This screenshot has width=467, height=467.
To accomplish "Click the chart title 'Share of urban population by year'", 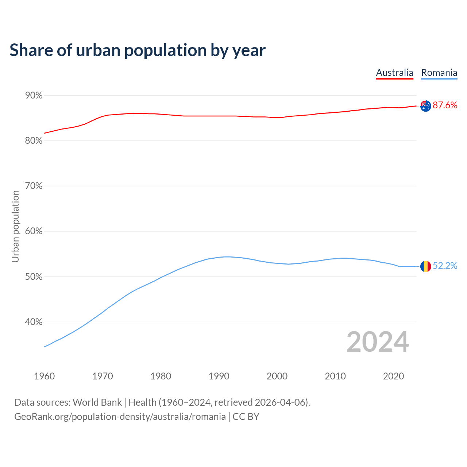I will tap(138, 50).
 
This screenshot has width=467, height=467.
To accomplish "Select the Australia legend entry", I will tap(394, 73).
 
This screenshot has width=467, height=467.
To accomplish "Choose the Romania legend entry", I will tap(439, 73).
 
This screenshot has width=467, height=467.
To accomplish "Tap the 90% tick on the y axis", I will tap(34, 96).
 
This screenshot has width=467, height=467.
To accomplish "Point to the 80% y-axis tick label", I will tap(34, 141).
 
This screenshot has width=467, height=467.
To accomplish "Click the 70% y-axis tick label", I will tap(34, 186).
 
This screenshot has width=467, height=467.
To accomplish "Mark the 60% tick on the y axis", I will tap(34, 231).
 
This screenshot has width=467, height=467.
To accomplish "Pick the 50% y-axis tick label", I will tap(34, 277).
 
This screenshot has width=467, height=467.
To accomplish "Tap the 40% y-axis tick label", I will tap(34, 322).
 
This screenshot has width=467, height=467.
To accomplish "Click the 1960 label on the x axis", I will tap(44, 376).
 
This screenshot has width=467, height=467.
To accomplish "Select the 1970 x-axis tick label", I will tap(103, 376).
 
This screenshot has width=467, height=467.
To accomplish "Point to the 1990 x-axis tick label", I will tap(219, 376).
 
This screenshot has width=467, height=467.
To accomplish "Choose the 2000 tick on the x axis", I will tap(277, 376).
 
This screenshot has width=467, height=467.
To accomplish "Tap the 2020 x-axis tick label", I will tap(393, 376).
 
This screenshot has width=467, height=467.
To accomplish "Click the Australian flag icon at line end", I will tap(425, 106).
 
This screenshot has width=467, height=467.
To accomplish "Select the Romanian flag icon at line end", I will tap(425, 266).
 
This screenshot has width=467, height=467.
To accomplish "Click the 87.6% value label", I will tap(445, 105).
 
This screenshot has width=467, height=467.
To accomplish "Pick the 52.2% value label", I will tap(445, 266).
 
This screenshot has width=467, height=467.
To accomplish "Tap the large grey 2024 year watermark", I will tap(378, 342).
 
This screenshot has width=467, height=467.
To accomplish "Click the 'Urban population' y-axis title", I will tap(15, 226).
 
